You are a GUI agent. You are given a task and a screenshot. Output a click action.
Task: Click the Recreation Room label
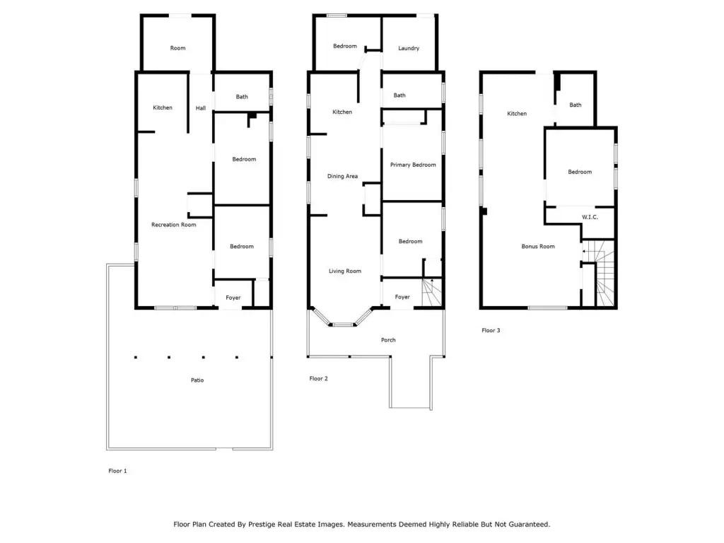click(174, 225)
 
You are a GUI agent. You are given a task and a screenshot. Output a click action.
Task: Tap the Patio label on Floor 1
click(197, 380)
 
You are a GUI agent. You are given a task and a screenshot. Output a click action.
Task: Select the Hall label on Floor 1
click(200, 108)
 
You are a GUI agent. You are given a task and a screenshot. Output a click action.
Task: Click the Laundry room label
click(409, 48)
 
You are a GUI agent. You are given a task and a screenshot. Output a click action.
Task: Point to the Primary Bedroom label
click(413, 165)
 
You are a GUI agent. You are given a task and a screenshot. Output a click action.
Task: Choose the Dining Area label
click(342, 176)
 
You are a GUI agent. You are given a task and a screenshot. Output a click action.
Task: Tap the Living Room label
click(345, 271)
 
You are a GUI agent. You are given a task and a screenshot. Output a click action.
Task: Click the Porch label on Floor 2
click(388, 340)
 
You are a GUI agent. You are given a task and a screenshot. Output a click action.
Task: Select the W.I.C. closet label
click(590, 217)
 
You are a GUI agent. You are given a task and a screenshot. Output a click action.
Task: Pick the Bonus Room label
click(538, 247)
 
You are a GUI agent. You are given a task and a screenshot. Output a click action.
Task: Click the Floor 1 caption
click(117, 471)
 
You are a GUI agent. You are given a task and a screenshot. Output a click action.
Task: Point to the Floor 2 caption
click(319, 379)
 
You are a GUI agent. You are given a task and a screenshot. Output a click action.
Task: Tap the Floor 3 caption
click(491, 330)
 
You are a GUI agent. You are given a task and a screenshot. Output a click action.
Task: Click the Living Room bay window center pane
click(343, 325)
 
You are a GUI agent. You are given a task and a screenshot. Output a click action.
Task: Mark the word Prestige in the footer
click(262, 525)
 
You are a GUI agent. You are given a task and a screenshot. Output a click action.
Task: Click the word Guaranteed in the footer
click(528, 525)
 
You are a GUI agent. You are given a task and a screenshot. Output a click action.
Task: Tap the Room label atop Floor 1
click(177, 48)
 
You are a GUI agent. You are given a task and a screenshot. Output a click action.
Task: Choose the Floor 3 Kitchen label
click(517, 114)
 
